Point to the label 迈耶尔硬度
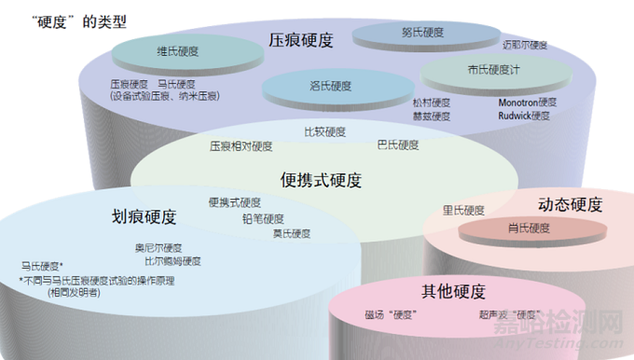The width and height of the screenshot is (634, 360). (525, 44)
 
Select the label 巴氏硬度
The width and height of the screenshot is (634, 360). (398, 145)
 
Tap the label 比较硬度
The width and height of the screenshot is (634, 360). (324, 132)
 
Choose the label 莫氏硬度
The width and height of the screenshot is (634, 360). (292, 233)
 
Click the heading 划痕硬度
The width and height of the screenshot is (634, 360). (144, 216)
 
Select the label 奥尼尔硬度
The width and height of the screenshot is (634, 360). (158, 248)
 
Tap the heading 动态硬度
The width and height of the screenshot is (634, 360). (570, 204)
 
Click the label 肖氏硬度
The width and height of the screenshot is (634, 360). (529, 228)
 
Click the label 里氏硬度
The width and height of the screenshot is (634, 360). (463, 210)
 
